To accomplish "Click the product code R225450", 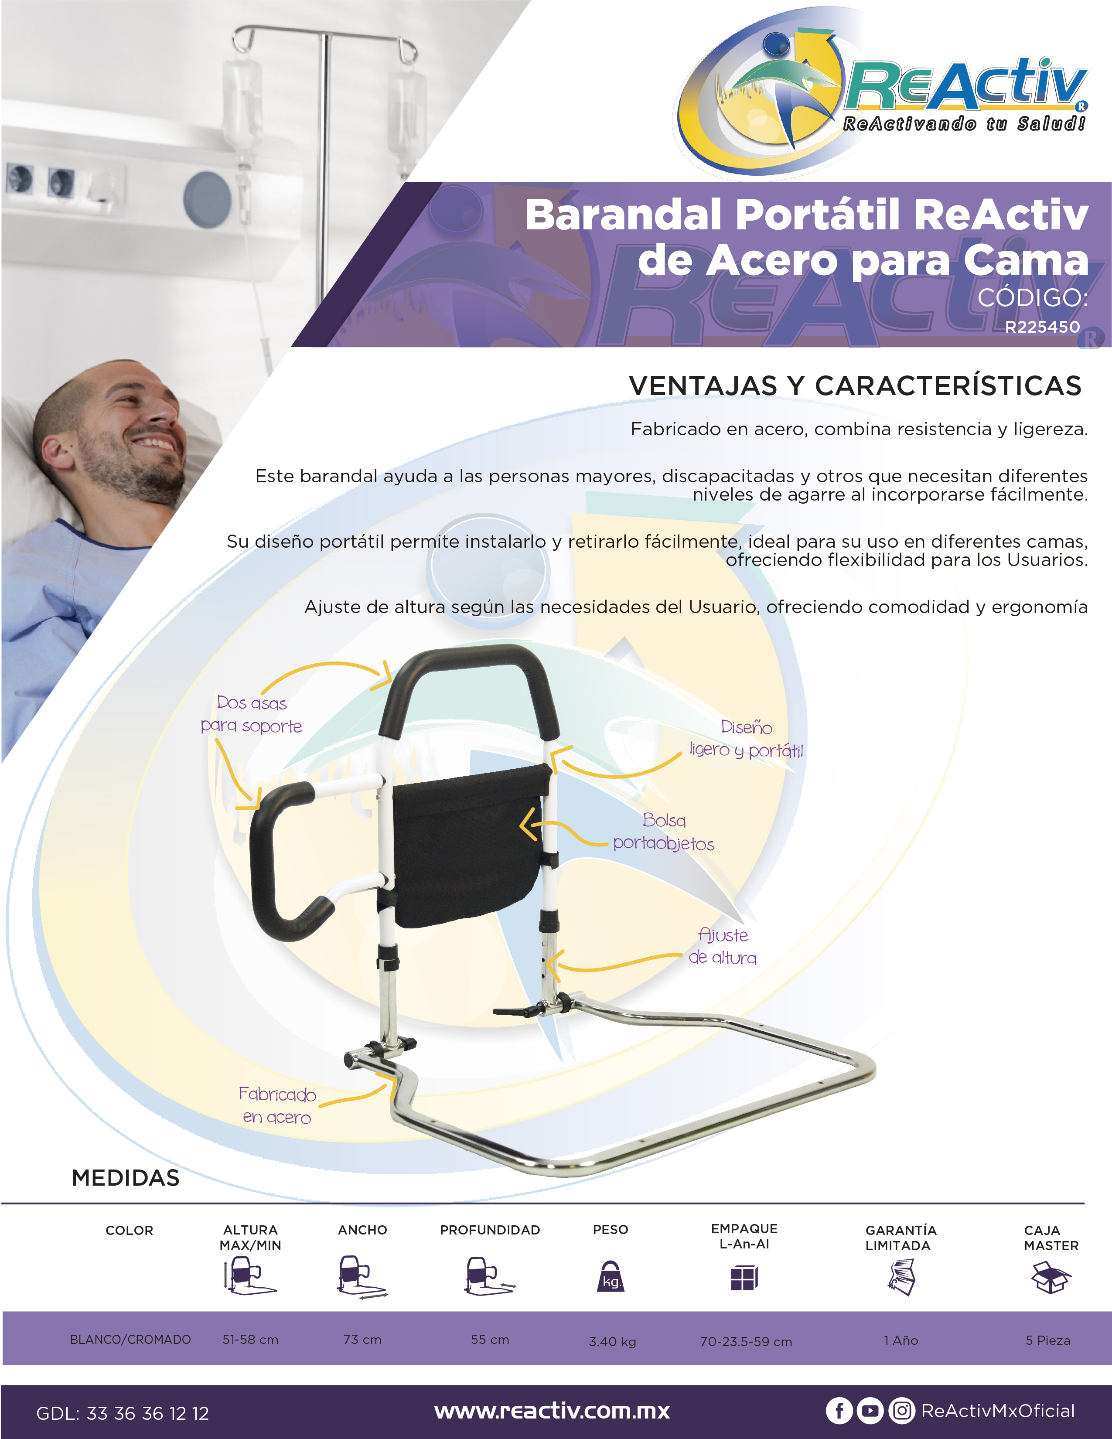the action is click(x=1042, y=327).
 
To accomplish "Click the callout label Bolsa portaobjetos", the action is click(x=663, y=832).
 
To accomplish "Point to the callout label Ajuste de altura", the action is click(x=723, y=946).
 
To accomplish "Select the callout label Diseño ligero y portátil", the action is click(x=747, y=739).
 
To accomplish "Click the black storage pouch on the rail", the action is click(x=471, y=846).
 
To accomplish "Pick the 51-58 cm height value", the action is click(x=250, y=1340).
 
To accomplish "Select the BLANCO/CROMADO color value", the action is click(x=130, y=1340).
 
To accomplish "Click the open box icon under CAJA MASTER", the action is click(x=1051, y=1277).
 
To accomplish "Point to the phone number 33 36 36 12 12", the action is click(x=147, y=1413).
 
